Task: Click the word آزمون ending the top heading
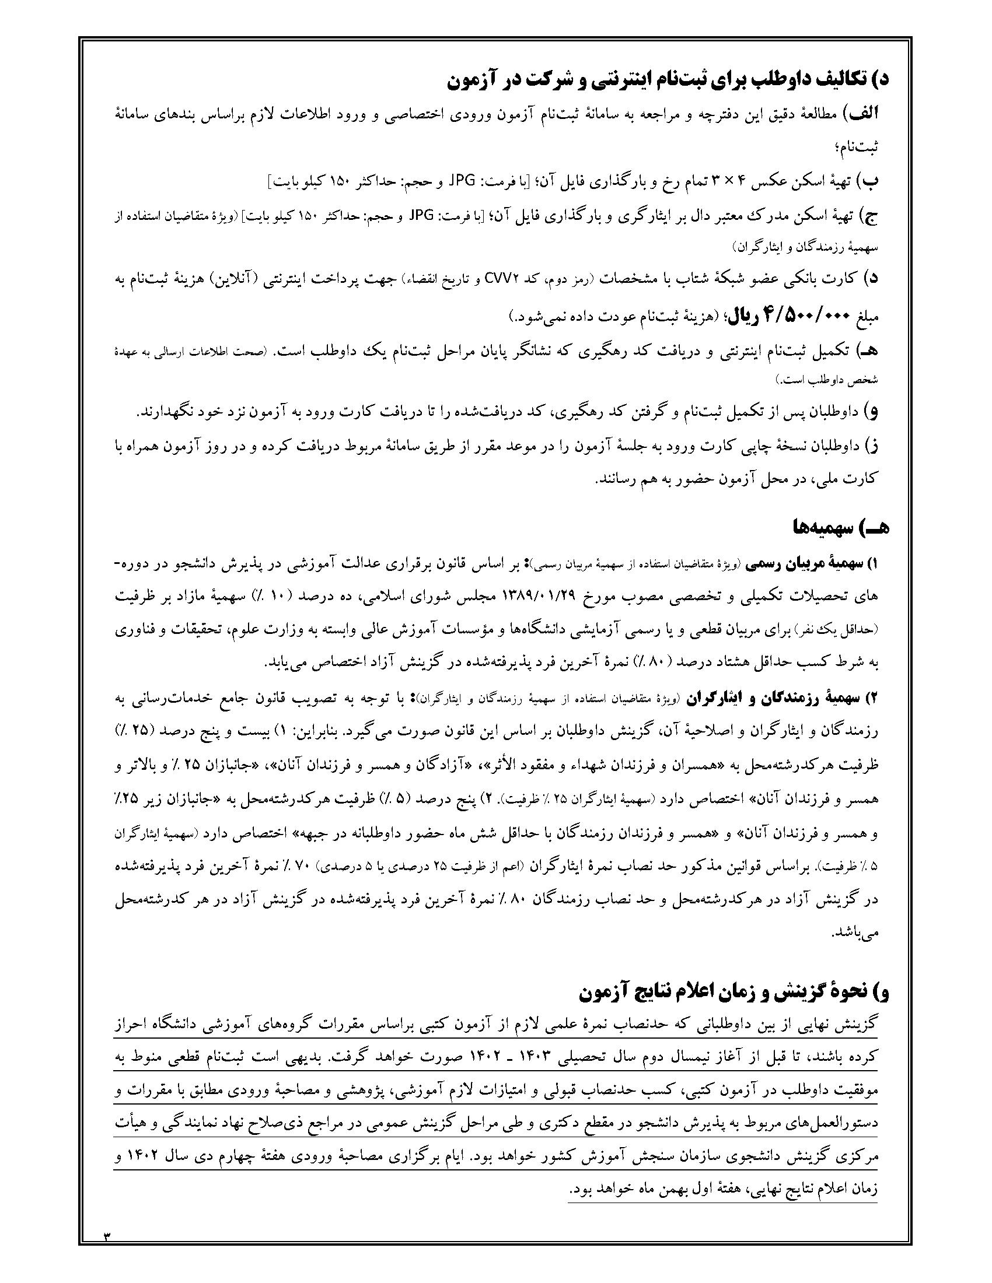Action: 473,82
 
